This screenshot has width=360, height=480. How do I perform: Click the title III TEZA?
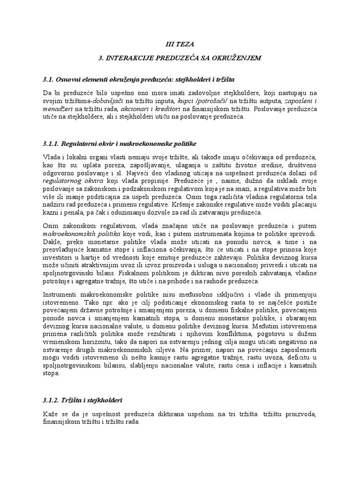180,44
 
